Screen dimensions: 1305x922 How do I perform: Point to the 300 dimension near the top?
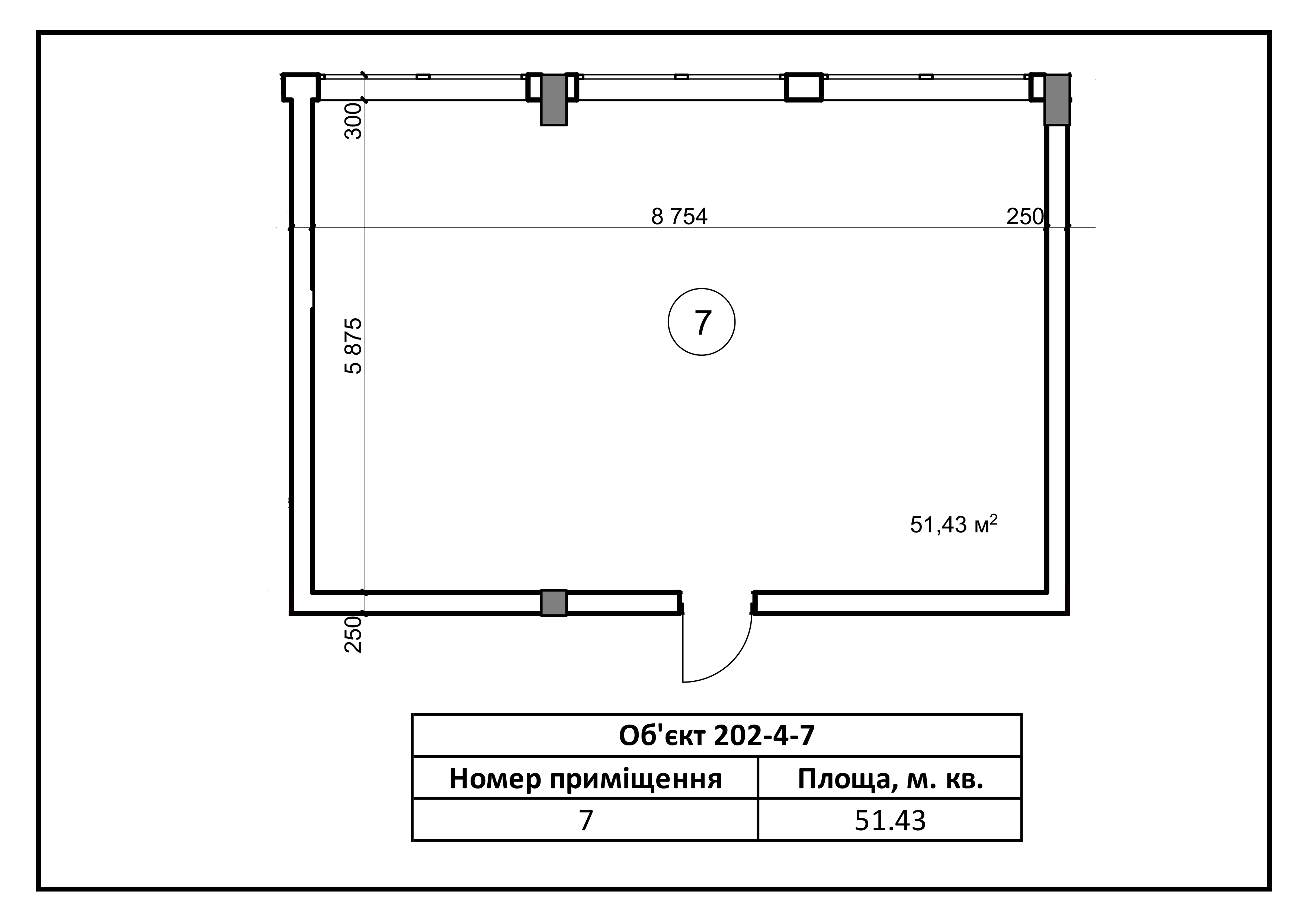tap(353, 121)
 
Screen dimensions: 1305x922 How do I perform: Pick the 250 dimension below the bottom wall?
tap(353, 635)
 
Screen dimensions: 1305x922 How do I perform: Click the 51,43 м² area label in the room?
tap(954, 524)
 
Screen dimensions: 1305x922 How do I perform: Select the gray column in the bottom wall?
tap(554, 603)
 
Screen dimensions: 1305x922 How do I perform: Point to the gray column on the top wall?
tap(554, 99)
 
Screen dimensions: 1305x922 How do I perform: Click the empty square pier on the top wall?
tap(804, 87)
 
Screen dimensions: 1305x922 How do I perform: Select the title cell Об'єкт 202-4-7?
tap(717, 735)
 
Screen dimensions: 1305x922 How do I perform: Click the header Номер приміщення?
tap(586, 778)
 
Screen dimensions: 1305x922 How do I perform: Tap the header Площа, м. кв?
tap(890, 778)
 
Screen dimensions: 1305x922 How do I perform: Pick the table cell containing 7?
tap(586, 820)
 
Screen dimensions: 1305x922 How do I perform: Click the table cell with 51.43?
tap(890, 820)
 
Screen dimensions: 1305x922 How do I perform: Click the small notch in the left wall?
tap(312, 299)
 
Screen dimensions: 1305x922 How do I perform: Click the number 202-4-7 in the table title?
tap(764, 735)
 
